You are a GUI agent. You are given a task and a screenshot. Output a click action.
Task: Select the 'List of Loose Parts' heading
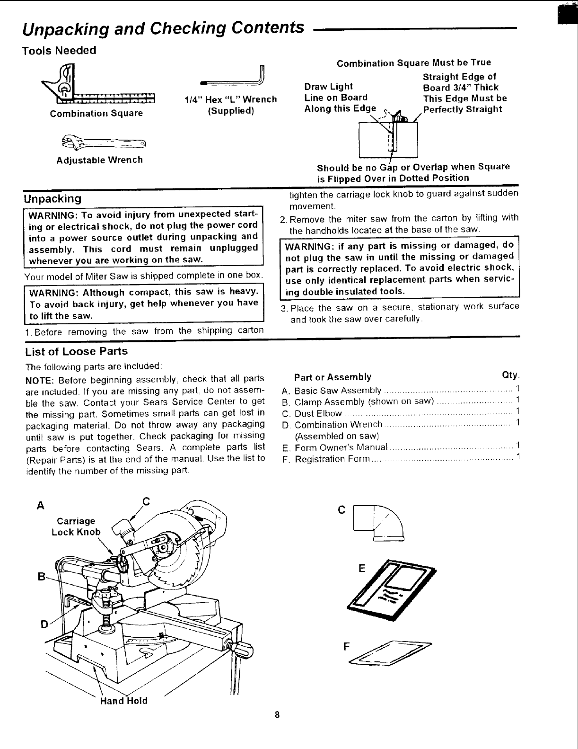click(x=76, y=351)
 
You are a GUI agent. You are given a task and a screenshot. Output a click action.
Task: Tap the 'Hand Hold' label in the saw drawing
click(x=124, y=701)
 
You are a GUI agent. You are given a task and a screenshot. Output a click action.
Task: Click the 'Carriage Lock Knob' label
click(x=76, y=526)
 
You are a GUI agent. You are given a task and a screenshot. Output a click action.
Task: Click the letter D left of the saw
click(x=44, y=624)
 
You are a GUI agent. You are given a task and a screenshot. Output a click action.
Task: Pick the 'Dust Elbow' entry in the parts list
click(x=318, y=413)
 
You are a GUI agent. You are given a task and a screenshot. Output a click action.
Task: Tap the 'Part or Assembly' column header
click(x=333, y=377)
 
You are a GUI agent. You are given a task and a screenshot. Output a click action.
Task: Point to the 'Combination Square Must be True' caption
click(x=413, y=62)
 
